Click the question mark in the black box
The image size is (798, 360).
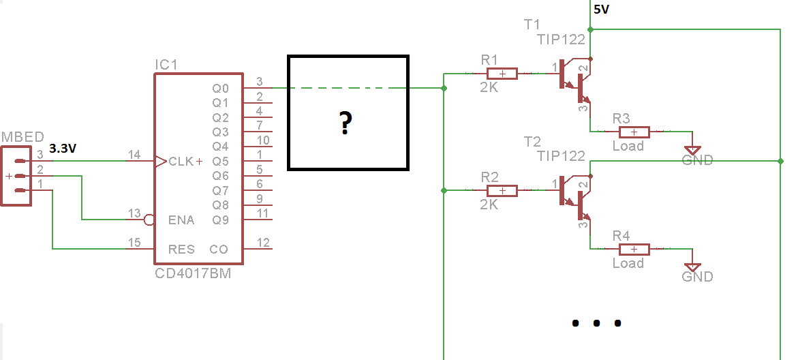(x=346, y=123)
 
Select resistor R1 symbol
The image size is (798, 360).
(x=502, y=74)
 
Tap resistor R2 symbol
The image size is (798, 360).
(x=502, y=190)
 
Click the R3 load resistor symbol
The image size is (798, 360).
(x=633, y=132)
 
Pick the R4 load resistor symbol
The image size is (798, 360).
(x=633, y=250)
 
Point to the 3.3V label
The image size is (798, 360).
(x=63, y=148)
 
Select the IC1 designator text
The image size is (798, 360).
(x=166, y=65)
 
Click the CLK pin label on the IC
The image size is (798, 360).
(x=181, y=162)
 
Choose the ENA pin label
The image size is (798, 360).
(x=181, y=220)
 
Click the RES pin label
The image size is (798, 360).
(x=181, y=250)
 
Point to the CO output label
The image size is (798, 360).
(x=219, y=250)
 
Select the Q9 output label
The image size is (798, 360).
(x=220, y=220)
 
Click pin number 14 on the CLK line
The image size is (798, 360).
(x=134, y=155)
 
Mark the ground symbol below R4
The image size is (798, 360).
(x=693, y=267)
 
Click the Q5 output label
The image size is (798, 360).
(x=220, y=162)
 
